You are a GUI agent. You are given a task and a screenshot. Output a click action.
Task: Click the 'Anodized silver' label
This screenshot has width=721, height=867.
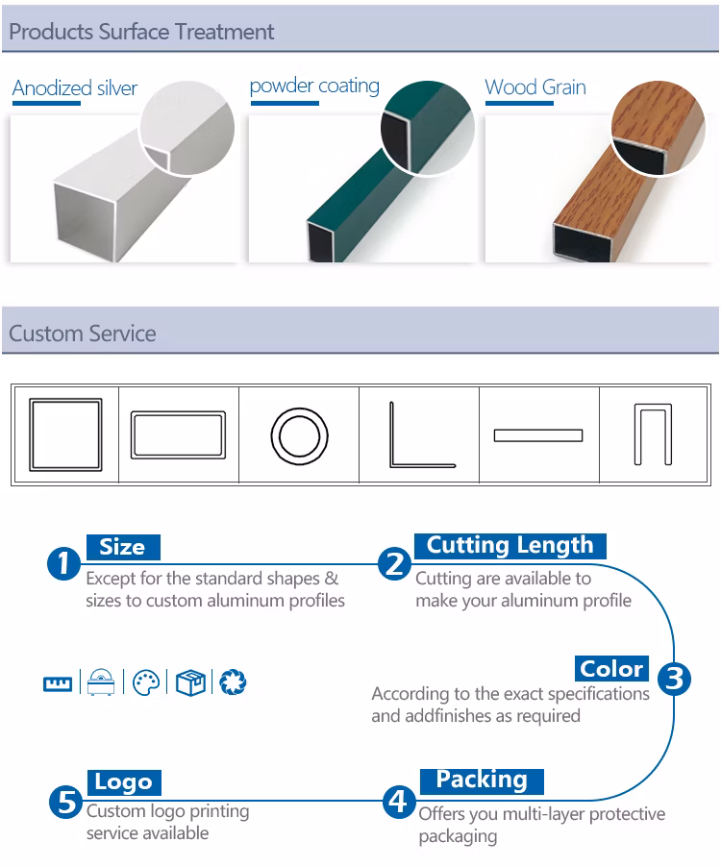click(x=75, y=87)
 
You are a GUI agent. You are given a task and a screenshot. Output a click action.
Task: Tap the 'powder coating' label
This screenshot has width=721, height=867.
click(x=314, y=87)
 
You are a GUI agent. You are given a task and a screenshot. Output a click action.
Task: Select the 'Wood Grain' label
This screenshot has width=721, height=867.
click(x=535, y=87)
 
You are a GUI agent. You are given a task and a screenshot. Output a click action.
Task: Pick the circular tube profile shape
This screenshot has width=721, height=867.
click(x=272, y=435)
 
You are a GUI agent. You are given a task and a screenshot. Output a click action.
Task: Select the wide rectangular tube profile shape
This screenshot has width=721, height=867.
click(x=133, y=434)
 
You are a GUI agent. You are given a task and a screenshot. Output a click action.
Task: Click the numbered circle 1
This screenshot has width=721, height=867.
click(x=64, y=563)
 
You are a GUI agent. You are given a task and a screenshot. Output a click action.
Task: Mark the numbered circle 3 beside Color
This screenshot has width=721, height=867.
click(x=674, y=679)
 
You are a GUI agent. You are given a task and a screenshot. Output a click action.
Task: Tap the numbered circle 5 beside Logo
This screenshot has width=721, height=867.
click(x=65, y=802)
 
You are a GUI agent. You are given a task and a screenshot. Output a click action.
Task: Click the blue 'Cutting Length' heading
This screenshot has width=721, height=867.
click(x=510, y=546)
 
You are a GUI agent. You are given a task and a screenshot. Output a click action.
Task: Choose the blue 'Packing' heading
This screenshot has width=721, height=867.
click(x=482, y=780)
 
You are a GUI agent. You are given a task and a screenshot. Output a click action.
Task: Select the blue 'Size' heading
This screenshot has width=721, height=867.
click(x=123, y=547)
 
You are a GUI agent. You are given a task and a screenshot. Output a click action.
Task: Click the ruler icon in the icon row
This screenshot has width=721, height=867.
click(x=58, y=684)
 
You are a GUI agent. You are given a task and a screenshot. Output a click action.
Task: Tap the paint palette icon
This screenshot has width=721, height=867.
click(x=146, y=682)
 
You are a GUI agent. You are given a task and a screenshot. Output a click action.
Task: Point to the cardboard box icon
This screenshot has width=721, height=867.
click(x=190, y=682)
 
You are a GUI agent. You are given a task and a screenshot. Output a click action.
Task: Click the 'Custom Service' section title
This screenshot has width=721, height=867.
click(x=83, y=334)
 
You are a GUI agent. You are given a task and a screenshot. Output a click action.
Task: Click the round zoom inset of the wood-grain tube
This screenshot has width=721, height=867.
click(x=658, y=128)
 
